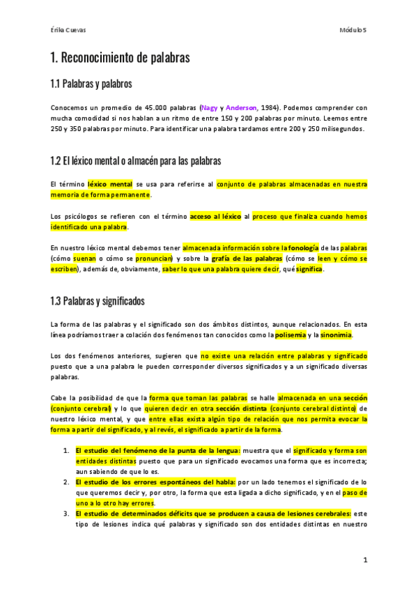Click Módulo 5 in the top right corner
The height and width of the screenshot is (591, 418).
(x=353, y=31)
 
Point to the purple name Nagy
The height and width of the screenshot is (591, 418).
(x=209, y=108)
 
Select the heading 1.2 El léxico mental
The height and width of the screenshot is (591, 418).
(x=135, y=161)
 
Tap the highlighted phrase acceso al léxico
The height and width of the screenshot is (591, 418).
(x=215, y=217)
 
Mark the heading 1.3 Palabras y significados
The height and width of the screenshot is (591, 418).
(x=98, y=302)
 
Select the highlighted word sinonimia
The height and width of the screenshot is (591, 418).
(x=336, y=335)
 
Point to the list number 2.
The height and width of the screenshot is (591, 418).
(x=66, y=482)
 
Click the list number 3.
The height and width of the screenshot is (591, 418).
(x=66, y=514)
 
